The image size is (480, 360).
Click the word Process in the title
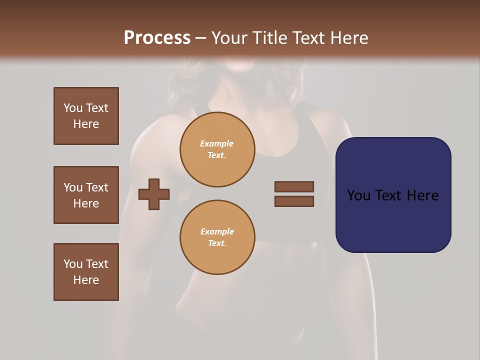pos(157,38)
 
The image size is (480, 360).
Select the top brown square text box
pos(86,116)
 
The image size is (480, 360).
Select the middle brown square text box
pos(86,195)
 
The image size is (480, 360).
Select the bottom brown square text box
pos(86,272)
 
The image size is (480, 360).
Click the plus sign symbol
pos(154,194)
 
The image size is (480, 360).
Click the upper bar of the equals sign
pos(294,186)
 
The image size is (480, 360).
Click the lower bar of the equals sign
pos(294,201)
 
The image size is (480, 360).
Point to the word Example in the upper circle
pos(217,143)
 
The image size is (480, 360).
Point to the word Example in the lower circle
pos(217,231)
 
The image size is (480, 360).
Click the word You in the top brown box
pos(72,108)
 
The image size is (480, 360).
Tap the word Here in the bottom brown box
pos(86,280)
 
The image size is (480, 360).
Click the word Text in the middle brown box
pos(96,187)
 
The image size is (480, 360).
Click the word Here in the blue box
pos(422,195)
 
